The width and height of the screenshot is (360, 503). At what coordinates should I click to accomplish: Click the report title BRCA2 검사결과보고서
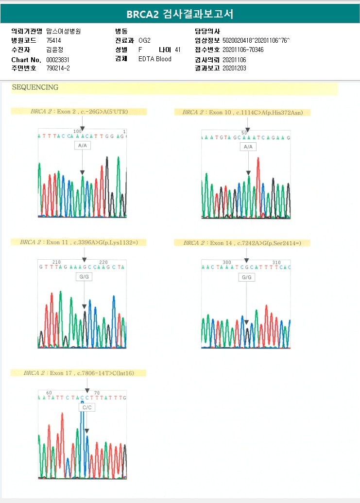[x=180, y=14]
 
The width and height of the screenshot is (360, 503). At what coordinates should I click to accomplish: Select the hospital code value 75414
[x=54, y=40]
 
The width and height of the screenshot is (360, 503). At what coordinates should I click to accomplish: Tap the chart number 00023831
[x=58, y=59]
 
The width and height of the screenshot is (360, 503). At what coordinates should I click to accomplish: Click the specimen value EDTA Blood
[x=155, y=59]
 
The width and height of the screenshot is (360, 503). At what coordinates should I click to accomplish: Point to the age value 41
[x=177, y=50]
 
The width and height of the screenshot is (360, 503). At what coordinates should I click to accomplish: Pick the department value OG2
[x=144, y=40]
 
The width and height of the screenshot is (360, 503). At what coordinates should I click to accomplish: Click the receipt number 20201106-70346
[x=243, y=50]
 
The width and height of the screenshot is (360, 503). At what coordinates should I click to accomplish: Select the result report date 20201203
[x=234, y=68]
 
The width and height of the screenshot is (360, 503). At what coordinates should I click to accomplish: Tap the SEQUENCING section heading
[x=35, y=88]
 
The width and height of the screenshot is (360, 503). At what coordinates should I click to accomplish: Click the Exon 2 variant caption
[x=79, y=112]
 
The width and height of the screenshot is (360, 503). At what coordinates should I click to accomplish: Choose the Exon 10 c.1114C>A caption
[x=242, y=113]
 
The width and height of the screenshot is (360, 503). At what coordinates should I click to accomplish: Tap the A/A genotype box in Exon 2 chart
[x=83, y=146]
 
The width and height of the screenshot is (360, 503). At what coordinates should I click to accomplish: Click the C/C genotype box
[x=87, y=408]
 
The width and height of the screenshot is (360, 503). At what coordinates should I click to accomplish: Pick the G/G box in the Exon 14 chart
[x=247, y=277]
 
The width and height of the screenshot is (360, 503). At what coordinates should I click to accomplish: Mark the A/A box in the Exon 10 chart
[x=248, y=147]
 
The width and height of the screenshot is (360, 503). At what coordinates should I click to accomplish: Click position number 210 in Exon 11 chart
[x=56, y=262]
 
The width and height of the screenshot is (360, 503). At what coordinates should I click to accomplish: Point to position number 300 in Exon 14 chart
[x=227, y=263]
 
